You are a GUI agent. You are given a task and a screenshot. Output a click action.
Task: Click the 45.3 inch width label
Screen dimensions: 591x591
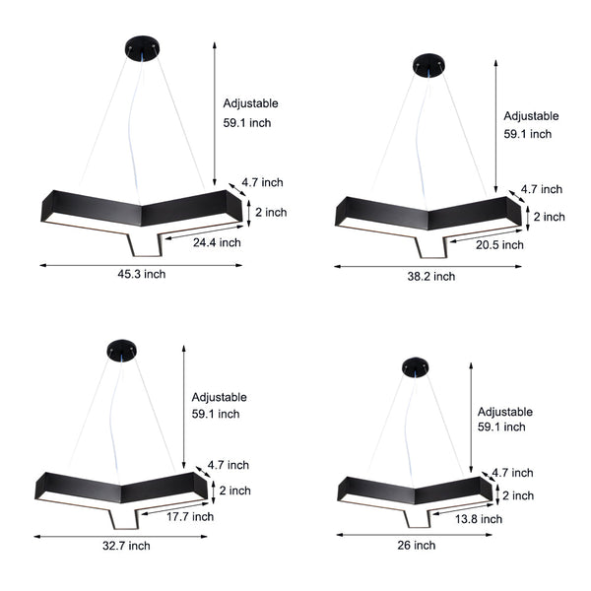point(142,274)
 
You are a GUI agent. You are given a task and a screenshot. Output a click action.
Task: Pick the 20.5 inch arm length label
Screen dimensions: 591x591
point(499,245)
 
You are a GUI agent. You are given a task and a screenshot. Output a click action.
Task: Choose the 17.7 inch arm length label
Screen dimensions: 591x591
point(189,516)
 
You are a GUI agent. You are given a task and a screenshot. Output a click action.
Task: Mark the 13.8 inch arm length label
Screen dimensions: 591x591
point(478,518)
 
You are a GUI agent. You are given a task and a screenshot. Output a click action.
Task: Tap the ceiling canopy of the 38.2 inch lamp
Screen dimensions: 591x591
point(427,64)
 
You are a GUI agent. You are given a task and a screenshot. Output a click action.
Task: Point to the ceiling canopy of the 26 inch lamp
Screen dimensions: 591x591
point(416,367)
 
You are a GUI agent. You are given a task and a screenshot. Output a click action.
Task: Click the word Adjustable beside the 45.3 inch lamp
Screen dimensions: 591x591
point(251,103)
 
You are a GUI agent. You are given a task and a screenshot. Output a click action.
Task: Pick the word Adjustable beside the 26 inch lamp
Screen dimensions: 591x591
point(505,412)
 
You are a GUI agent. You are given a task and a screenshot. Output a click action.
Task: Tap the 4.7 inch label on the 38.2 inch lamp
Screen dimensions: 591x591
point(542,189)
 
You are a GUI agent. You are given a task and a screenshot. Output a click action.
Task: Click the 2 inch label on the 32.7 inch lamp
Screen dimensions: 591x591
point(234,491)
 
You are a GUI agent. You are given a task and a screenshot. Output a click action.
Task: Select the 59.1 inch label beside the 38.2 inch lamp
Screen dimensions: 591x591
point(528,134)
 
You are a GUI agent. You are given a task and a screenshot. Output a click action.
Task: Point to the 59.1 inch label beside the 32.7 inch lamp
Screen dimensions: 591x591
point(216,415)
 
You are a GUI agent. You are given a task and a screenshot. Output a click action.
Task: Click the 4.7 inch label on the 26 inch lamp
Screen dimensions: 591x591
point(512,473)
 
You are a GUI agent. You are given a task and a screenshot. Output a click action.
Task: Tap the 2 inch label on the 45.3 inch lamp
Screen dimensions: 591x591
point(271,212)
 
